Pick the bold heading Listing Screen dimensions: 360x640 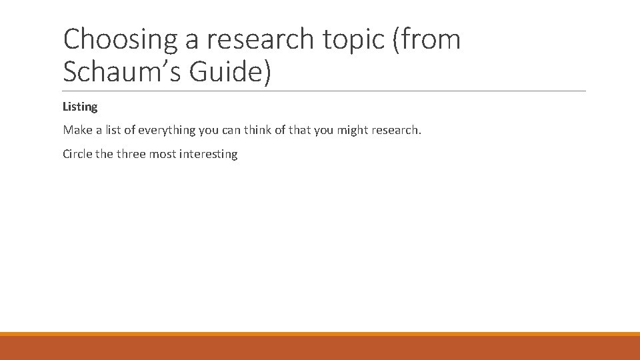coord(80,107)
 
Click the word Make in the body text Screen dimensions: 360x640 coord(76,130)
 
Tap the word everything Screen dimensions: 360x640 coord(167,130)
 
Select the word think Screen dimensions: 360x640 coord(259,130)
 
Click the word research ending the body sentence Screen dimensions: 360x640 coord(397,130)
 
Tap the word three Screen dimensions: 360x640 coord(132,154)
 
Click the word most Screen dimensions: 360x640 coord(164,154)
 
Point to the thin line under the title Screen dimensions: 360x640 coord(324,91)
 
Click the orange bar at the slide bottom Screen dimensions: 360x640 coord(320,347)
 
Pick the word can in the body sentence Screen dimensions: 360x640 coord(231,130)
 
